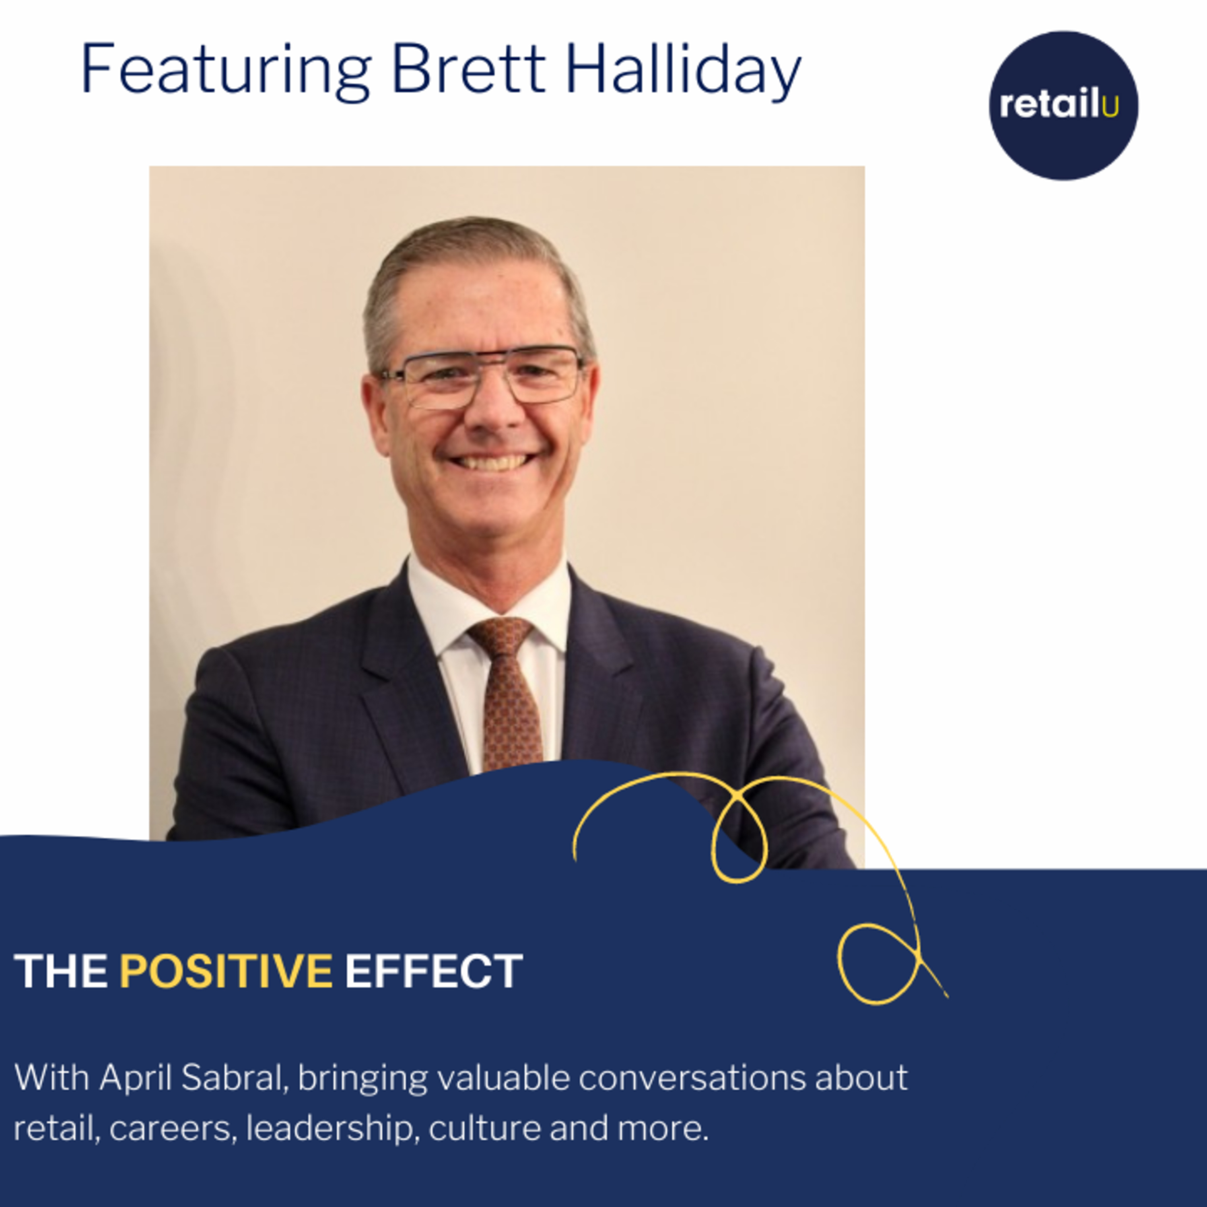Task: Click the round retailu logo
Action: coord(1063,105)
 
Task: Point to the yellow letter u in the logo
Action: coord(1110,107)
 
